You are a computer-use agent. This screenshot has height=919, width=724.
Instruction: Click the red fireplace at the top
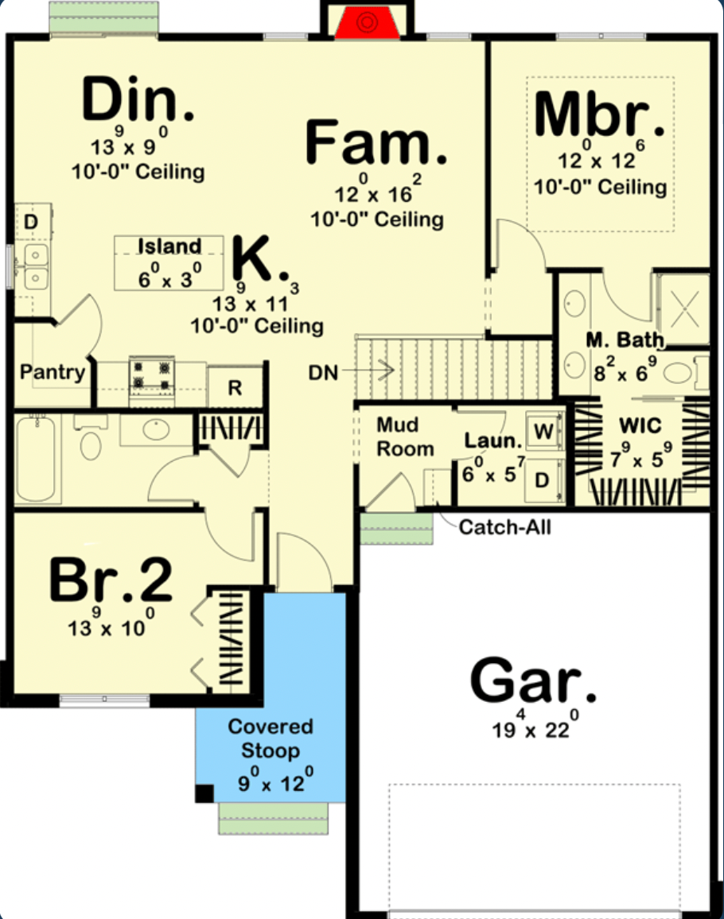pos(366,24)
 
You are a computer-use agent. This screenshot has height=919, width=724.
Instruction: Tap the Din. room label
pos(138,102)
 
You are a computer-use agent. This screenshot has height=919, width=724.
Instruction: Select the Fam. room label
pos(376,143)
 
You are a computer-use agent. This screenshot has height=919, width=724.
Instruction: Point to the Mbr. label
pos(599,116)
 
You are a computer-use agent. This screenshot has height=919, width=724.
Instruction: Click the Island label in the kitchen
pos(169,246)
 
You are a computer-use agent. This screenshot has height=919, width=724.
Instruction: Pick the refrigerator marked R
pos(235,388)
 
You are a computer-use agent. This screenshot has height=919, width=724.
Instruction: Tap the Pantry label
pos(53,372)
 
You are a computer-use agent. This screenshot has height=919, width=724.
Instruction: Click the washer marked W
pos(544,432)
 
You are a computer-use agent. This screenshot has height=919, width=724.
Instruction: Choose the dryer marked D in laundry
pos(543,480)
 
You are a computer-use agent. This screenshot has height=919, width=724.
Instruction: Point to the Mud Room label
pos(405,436)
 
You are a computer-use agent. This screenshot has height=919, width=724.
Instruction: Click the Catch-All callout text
pos(505,526)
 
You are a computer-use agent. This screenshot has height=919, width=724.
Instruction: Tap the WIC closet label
pos(640,426)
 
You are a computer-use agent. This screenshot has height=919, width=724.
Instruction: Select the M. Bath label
pos(625,341)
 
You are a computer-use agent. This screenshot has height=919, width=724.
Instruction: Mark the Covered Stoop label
pos(271,739)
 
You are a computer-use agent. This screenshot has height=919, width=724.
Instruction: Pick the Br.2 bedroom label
pos(111,581)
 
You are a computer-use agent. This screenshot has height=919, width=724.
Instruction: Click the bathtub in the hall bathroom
pos(35,459)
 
